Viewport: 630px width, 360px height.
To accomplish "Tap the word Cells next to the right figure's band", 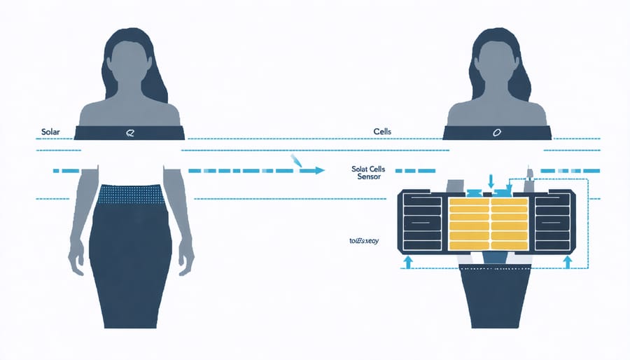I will (384, 131).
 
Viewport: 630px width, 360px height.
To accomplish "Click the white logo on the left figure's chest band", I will (128, 132).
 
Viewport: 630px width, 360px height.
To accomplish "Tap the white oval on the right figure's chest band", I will (497, 132).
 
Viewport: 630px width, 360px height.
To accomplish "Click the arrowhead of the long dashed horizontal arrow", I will (319, 170).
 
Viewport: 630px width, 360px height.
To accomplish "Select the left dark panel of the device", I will (423, 222).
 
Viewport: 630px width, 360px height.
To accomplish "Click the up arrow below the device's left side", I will (407, 261).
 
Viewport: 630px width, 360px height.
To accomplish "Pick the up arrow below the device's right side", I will (568, 261).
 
